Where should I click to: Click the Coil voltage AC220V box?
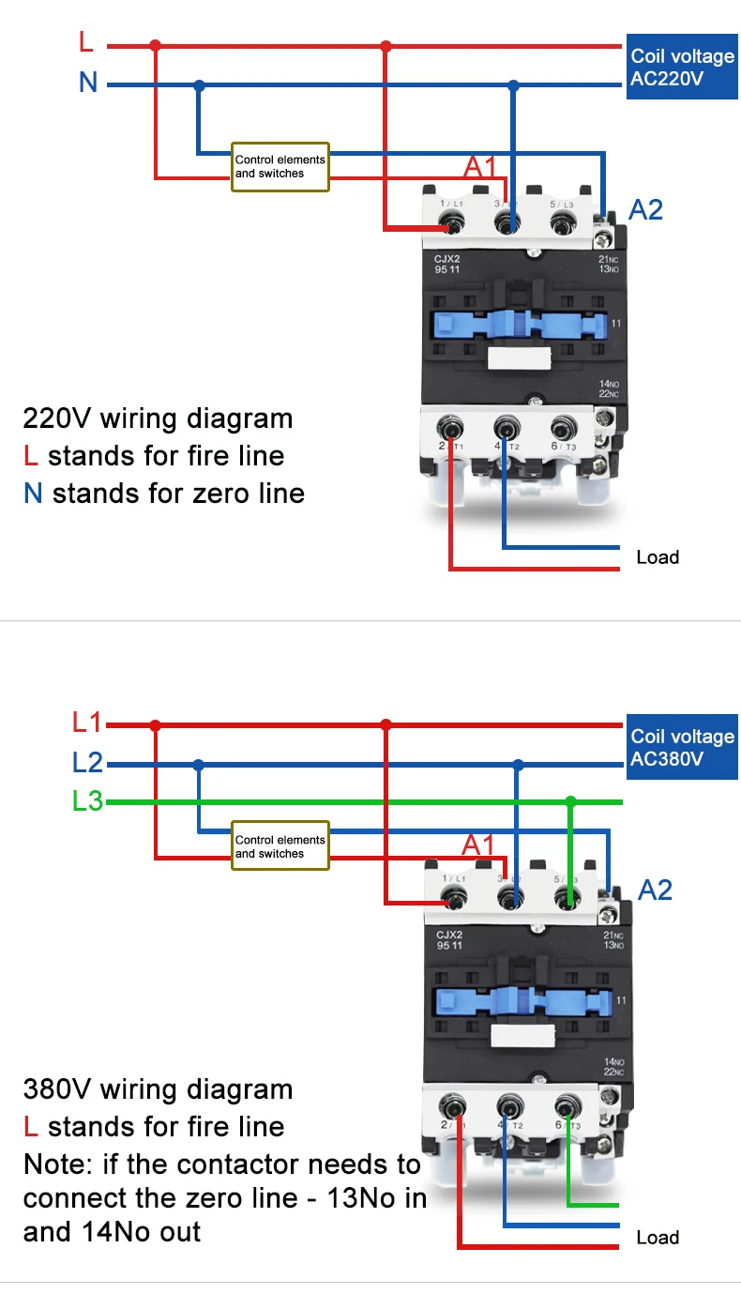tap(682, 68)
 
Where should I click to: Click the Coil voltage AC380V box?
tap(682, 748)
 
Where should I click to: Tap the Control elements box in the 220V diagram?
tap(280, 167)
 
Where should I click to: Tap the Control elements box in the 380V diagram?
tap(280, 847)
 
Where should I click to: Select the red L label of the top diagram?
tap(86, 42)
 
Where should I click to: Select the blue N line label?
tap(88, 83)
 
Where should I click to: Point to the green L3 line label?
tap(87, 802)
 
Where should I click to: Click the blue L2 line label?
tap(87, 762)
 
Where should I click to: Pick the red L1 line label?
tap(87, 723)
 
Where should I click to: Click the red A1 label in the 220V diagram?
tap(479, 168)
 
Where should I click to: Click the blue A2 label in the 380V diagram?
tap(655, 890)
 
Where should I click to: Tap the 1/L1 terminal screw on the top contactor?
tap(454, 222)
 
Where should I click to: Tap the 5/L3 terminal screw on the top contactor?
tap(562, 222)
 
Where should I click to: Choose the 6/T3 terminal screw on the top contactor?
tap(562, 429)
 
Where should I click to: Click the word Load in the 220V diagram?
tap(658, 557)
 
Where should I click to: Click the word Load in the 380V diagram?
tap(658, 1238)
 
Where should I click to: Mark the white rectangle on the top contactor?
tap(519, 358)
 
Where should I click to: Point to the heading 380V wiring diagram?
tap(158, 1089)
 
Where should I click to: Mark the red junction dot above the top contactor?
tap(386, 45)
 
